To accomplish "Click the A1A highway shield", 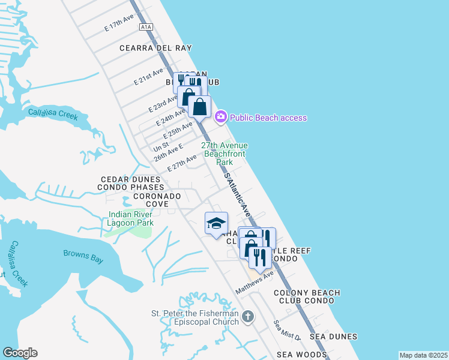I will (x=146, y=27).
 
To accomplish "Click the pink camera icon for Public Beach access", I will (x=220, y=116).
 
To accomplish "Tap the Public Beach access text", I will (x=268, y=118).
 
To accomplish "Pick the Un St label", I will (x=161, y=146).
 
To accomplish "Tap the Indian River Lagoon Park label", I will (x=131, y=219).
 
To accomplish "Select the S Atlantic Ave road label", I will (x=237, y=195).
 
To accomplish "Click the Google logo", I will (x=20, y=353).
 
